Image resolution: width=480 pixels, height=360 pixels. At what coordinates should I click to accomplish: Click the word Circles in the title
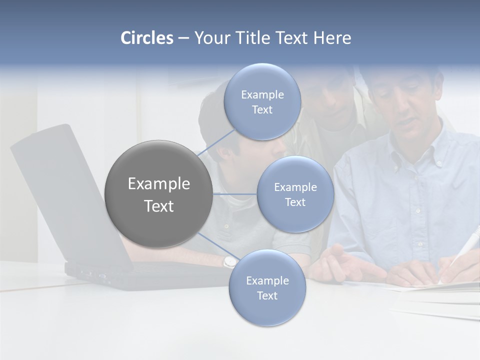point(147,38)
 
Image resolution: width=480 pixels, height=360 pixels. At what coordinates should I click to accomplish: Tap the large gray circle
point(158,194)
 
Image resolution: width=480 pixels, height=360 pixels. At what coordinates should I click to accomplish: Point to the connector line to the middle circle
point(234,193)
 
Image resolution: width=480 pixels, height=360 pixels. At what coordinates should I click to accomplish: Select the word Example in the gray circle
point(158,184)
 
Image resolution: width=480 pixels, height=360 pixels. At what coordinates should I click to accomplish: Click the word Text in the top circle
point(262,110)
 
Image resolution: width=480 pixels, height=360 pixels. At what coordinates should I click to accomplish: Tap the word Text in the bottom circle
point(267,296)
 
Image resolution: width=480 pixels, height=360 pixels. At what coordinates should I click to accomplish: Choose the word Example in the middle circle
point(295,187)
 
